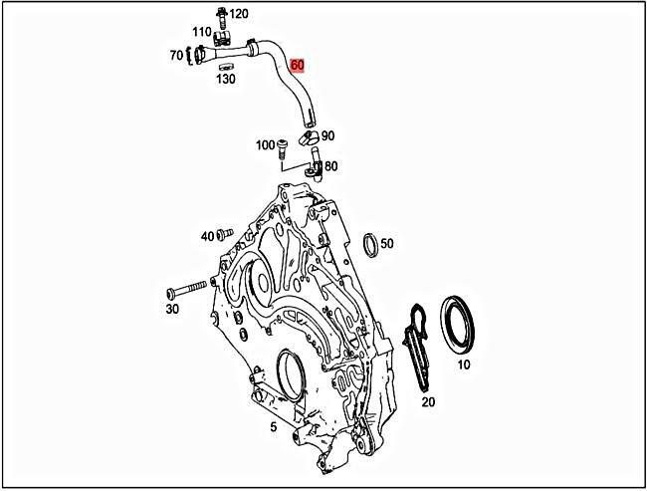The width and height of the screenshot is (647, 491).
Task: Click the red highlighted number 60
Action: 298,66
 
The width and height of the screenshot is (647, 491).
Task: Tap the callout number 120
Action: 239,14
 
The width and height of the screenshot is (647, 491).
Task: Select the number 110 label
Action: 203,33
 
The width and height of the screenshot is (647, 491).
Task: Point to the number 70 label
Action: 176,55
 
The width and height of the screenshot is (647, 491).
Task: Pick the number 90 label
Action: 328,136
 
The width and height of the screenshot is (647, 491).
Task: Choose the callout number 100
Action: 265,145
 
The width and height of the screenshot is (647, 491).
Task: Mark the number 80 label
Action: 330,166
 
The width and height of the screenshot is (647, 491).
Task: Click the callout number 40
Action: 207,236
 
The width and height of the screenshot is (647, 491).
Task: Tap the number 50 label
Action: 387,243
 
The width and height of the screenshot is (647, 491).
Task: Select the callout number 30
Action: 172,309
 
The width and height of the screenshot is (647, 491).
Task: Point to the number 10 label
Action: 464,366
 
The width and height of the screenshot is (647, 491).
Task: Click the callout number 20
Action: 428,402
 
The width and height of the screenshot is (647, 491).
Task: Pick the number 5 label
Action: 273,428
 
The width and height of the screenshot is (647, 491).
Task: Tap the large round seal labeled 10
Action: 463,321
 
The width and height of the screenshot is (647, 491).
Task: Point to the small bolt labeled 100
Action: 284,149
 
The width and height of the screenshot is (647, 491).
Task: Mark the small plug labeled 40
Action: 224,236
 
